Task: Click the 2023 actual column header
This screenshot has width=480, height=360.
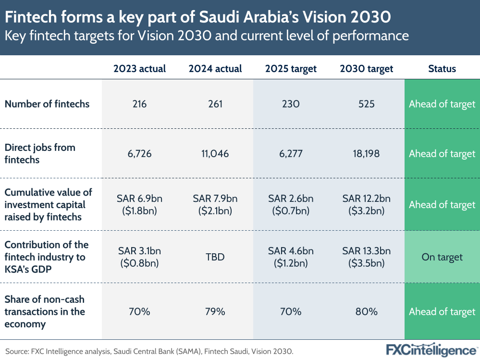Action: point(139,69)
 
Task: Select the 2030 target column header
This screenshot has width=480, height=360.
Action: point(366,69)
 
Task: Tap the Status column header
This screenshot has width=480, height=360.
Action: point(442,69)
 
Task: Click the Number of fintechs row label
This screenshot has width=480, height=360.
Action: point(47,104)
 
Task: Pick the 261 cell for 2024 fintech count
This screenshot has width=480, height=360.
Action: point(215,104)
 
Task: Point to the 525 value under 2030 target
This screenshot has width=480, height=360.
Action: point(366,104)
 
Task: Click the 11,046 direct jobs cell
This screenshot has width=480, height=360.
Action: point(215,154)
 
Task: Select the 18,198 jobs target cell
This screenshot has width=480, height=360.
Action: point(366,154)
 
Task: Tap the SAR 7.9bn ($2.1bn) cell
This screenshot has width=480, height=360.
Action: point(215,204)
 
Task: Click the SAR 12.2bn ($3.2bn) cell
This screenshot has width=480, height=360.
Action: point(366,204)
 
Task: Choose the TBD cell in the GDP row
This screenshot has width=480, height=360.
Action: point(215,257)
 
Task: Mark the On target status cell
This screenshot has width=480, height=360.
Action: point(442,257)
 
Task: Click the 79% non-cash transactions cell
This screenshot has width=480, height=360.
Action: point(215,311)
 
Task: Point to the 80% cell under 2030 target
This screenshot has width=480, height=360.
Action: point(366,311)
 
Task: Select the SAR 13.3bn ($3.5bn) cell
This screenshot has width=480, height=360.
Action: point(366,257)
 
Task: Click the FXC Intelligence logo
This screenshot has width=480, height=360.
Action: point(431,350)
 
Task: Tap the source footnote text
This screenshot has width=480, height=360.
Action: point(149,351)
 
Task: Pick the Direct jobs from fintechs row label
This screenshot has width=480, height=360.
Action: point(40,153)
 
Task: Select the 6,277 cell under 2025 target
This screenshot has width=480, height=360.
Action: point(291,154)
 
